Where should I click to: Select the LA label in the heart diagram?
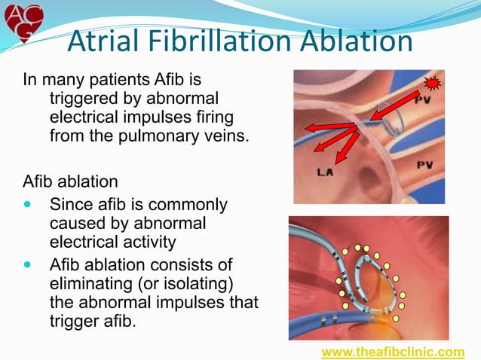tap(326, 172)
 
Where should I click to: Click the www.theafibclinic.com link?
tap(393, 352)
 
